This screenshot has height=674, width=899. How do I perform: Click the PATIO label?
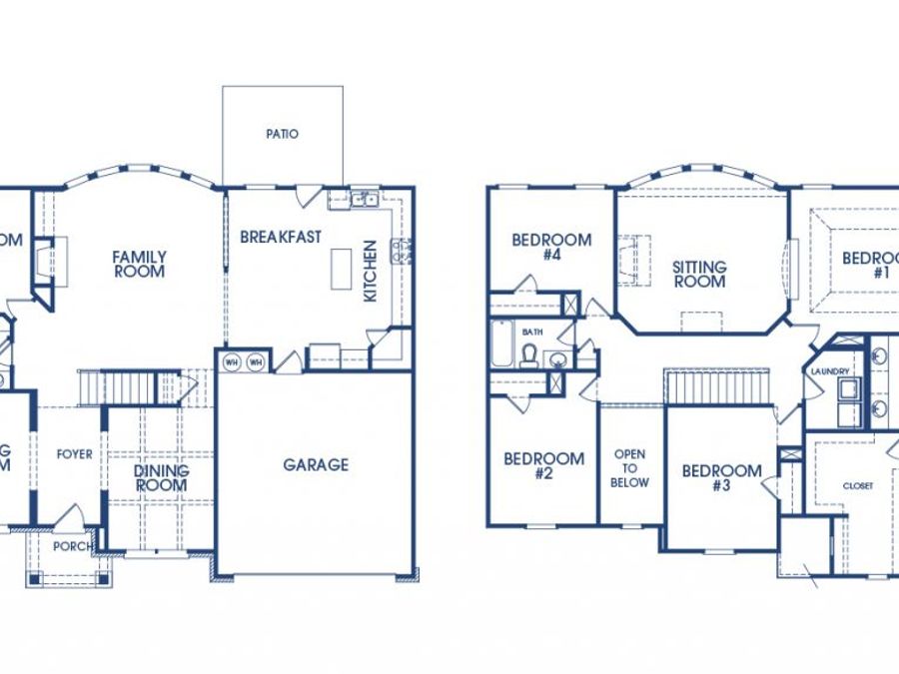point(283,134)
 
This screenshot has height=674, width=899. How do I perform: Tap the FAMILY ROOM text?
point(139,264)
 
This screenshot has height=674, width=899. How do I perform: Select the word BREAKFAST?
point(281,238)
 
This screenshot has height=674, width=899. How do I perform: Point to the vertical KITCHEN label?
point(370,271)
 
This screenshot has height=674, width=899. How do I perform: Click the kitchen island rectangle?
point(342,268)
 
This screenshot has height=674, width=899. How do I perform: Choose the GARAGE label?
point(316,464)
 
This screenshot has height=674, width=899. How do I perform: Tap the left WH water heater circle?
point(232,362)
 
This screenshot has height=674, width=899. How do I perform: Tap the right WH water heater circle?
point(256,362)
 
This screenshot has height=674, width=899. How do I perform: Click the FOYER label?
point(74,454)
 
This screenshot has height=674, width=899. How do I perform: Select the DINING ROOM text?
point(161,478)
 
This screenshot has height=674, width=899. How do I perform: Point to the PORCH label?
point(74,546)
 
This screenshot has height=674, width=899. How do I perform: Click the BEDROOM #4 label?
point(551,247)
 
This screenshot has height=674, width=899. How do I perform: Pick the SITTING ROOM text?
point(699,275)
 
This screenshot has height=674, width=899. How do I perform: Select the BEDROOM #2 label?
point(543,466)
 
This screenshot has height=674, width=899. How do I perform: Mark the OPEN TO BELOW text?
point(630,468)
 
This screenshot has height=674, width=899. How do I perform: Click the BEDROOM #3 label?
point(721,478)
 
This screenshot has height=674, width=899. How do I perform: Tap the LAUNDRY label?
point(830,372)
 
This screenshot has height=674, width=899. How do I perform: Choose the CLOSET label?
point(857,486)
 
